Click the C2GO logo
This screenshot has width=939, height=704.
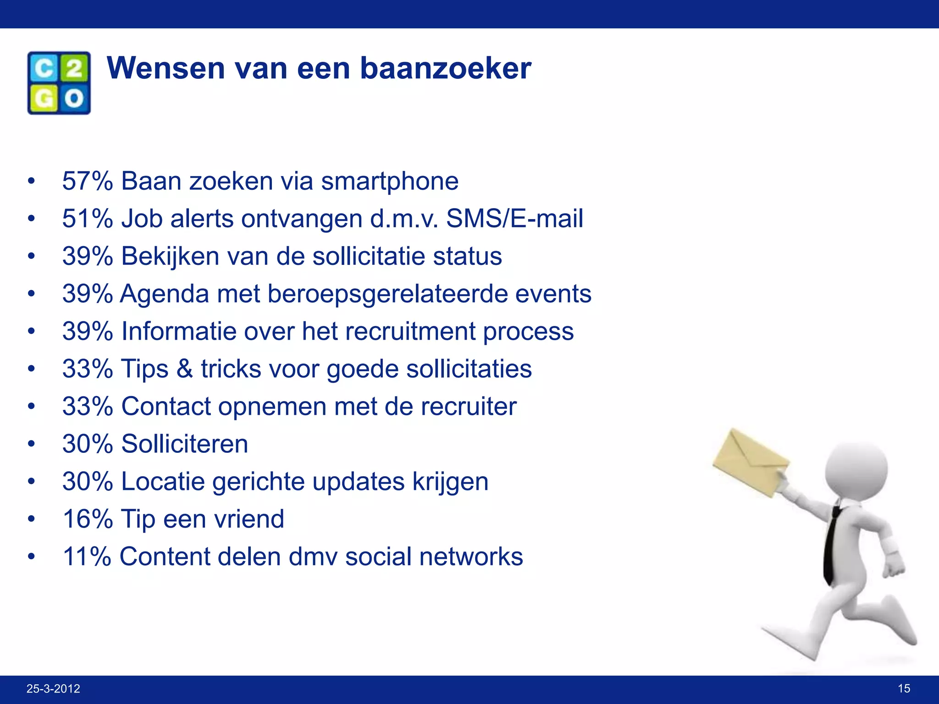(59, 83)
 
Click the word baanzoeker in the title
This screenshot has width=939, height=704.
(445, 68)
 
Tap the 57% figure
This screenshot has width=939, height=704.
(87, 181)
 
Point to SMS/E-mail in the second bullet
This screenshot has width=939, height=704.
(514, 218)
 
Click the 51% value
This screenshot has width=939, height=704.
(87, 218)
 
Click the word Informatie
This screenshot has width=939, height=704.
(179, 331)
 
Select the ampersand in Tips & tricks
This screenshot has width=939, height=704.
(185, 368)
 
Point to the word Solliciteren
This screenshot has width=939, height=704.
(184, 444)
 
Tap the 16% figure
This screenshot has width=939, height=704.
(87, 519)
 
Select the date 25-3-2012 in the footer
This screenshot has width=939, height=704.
(53, 688)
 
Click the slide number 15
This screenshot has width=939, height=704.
(904, 688)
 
